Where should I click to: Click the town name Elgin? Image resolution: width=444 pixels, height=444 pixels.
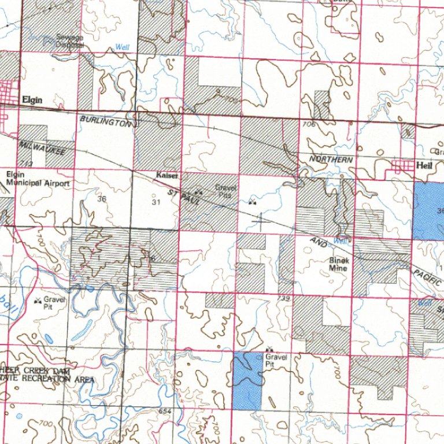click(32, 99)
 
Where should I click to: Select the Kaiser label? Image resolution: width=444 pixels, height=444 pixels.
click(166, 175)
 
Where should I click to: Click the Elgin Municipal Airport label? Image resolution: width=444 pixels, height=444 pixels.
click(38, 179)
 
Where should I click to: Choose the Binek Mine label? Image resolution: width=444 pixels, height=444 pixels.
click(339, 264)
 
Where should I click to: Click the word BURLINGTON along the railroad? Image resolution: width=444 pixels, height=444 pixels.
click(106, 121)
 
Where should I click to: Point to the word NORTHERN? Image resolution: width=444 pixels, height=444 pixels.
click(331, 159)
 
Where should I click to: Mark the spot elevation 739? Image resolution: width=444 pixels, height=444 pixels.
click(283, 298)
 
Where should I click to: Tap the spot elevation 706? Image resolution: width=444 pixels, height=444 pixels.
click(308, 124)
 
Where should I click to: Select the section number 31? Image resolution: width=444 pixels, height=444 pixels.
click(156, 202)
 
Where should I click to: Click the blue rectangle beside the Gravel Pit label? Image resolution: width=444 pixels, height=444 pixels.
click(247, 381)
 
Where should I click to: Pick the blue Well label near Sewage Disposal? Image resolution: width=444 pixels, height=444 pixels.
click(123, 47)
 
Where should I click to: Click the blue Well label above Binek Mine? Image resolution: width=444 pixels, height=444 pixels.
click(342, 240)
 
